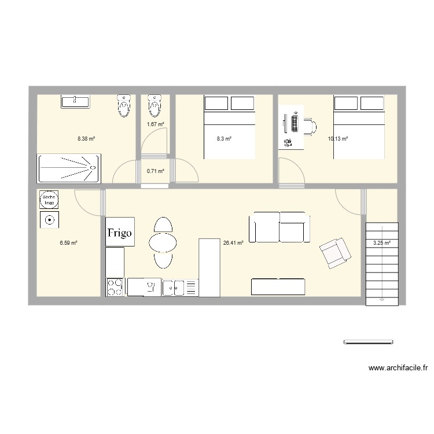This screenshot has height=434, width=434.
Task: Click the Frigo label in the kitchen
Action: click(x=120, y=233)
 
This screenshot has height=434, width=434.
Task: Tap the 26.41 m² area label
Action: click(x=233, y=244)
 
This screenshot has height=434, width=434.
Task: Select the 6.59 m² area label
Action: click(x=68, y=244)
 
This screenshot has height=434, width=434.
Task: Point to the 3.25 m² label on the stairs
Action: click(x=381, y=244)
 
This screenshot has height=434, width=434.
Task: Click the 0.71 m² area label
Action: click(x=156, y=171)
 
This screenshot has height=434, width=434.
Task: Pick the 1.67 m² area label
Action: click(x=156, y=124)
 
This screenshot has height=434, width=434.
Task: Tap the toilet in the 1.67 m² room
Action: click(x=153, y=105)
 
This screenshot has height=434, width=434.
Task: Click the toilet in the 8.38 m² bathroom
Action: click(x=123, y=105)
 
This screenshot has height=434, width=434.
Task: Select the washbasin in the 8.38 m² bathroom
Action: click(x=75, y=102)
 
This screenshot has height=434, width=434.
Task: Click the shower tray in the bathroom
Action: click(x=69, y=168)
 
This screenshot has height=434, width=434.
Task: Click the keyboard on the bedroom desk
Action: click(x=295, y=123)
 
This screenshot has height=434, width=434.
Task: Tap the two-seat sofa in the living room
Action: click(x=279, y=227)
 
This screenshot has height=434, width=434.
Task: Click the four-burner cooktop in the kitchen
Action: click(x=116, y=287)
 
